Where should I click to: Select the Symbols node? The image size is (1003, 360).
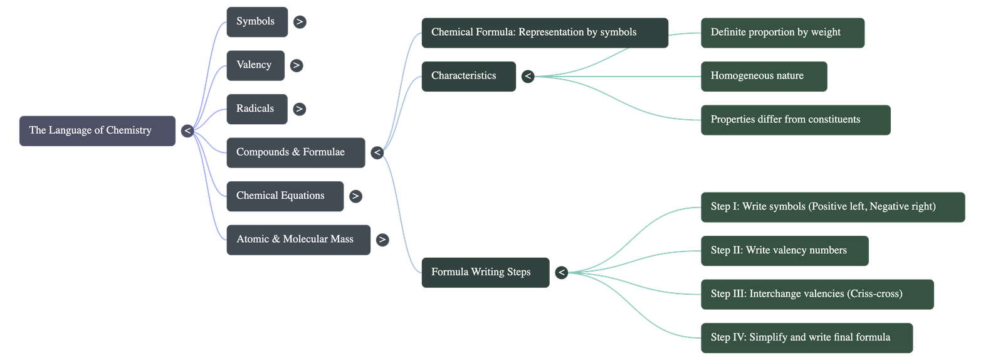pos(256,22)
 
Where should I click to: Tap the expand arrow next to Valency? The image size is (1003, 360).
pos(297,65)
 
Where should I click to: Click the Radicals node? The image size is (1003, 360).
pos(256,109)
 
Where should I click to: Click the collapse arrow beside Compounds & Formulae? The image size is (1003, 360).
pos(377,152)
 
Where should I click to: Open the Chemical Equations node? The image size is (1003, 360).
pos(284,196)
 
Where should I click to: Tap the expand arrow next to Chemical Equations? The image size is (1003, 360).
pos(355,196)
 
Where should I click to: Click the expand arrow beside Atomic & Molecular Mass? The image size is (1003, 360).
pos(382,240)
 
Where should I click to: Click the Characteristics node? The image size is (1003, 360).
pos(468,76)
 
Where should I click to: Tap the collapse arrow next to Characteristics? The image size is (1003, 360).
pos(528,77)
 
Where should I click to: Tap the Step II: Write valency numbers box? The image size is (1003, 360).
pos(784,251)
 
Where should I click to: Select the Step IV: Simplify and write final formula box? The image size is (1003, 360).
pos(806,337)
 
